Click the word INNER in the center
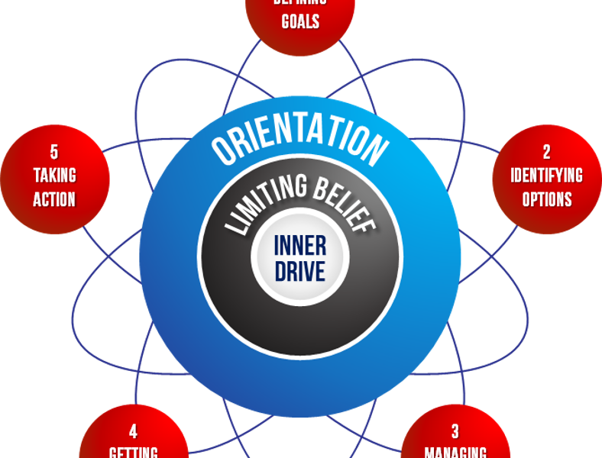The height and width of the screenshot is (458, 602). click(x=300, y=247)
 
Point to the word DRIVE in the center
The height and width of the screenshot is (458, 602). click(x=300, y=270)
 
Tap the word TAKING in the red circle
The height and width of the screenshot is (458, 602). click(x=54, y=176)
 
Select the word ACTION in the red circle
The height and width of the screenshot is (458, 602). click(x=54, y=200)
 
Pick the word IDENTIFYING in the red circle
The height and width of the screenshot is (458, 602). click(x=547, y=176)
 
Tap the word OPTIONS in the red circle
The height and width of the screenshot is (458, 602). click(x=547, y=200)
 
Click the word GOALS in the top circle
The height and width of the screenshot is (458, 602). click(x=300, y=21)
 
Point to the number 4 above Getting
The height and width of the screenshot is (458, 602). click(x=134, y=429)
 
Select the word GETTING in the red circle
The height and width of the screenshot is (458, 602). click(x=134, y=451)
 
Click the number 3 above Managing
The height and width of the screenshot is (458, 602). click(x=455, y=429)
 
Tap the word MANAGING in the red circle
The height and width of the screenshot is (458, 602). click(x=455, y=451)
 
